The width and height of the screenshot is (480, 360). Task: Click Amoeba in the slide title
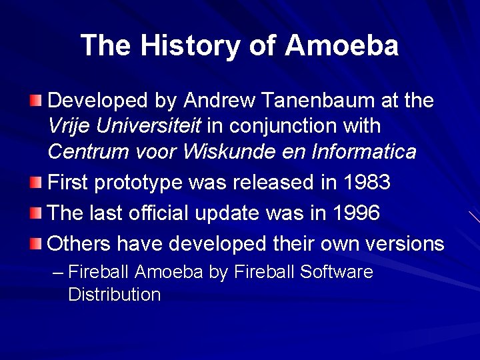pyautogui.click(x=342, y=45)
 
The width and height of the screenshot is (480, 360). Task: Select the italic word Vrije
pyautogui.click(x=71, y=126)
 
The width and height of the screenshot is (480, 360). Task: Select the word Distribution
pyautogui.click(x=114, y=295)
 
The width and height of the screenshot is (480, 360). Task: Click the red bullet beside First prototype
pyautogui.click(x=35, y=182)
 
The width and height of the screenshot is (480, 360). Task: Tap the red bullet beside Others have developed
pyautogui.click(x=35, y=243)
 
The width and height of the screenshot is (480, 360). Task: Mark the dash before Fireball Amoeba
pyautogui.click(x=58, y=272)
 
